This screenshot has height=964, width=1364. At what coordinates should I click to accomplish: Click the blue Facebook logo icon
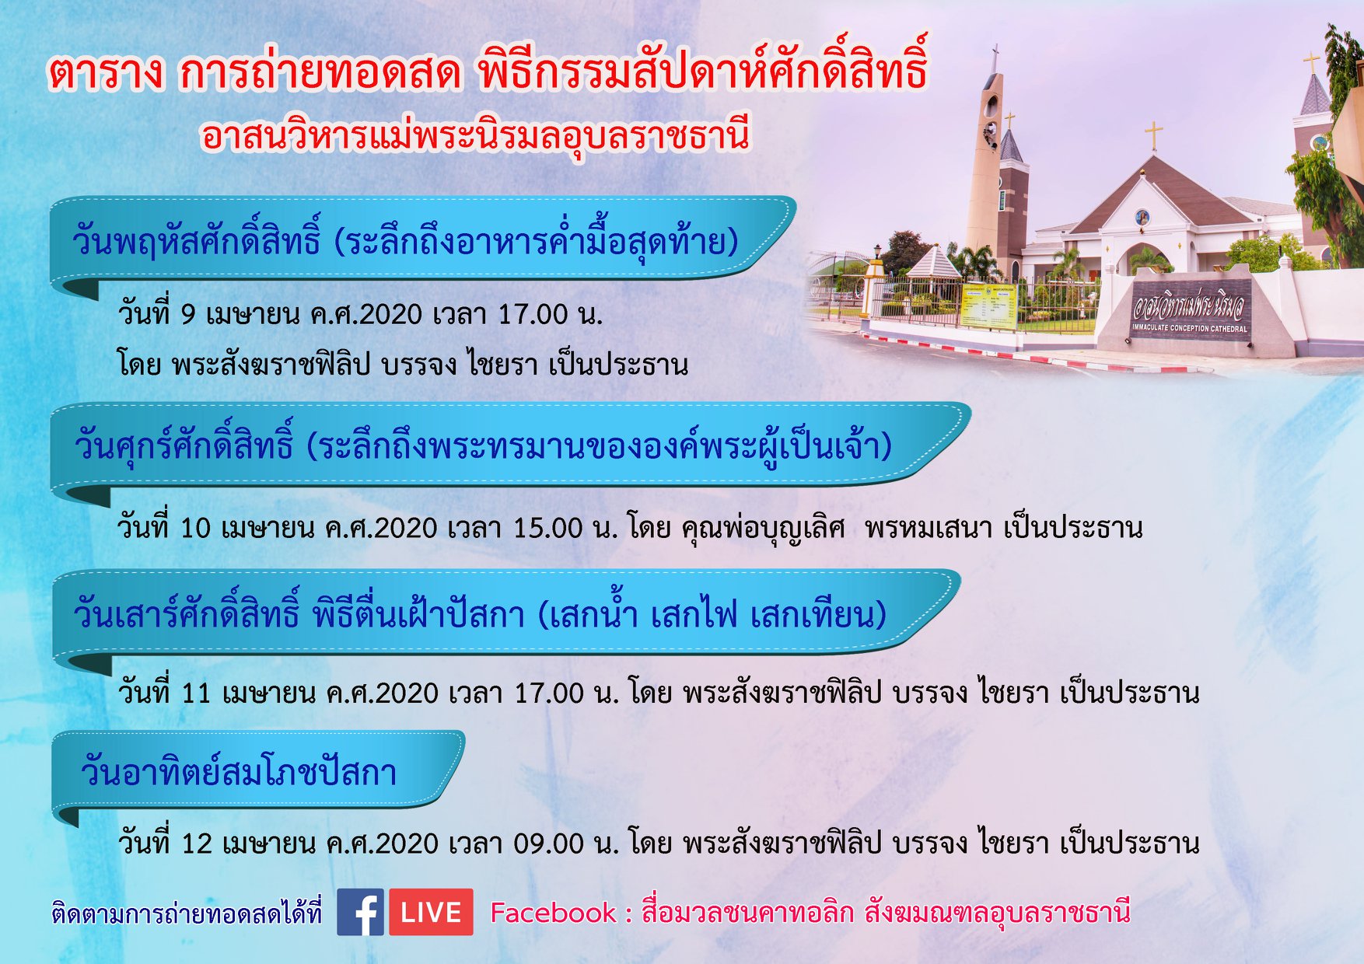[x=360, y=912]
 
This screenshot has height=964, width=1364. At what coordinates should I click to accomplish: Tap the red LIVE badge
[x=431, y=912]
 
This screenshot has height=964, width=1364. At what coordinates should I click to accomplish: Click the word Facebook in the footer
[x=552, y=913]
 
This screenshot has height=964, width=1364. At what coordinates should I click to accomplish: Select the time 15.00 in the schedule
[x=547, y=529]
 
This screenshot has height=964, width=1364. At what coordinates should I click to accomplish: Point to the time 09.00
[x=548, y=843]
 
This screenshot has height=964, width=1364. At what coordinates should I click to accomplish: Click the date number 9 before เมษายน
[x=188, y=315]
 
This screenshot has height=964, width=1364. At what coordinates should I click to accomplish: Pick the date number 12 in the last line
[x=196, y=843]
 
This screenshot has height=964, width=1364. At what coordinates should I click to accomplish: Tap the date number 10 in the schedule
[x=195, y=529]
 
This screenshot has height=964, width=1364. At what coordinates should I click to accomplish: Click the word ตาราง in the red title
[x=106, y=72]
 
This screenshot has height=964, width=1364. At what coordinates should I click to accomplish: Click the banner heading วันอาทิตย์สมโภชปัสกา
[x=239, y=772]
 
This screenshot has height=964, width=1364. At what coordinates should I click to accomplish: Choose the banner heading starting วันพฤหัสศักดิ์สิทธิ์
[x=405, y=239]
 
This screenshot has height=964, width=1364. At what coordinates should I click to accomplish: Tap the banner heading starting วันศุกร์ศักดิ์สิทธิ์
[x=483, y=445]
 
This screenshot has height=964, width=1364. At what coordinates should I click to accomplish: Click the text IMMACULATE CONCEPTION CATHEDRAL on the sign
[x=1189, y=328]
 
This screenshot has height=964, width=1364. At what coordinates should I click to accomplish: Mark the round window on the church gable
[x=1142, y=217]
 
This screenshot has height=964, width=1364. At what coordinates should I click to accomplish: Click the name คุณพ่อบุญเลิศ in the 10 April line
[x=763, y=529]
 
